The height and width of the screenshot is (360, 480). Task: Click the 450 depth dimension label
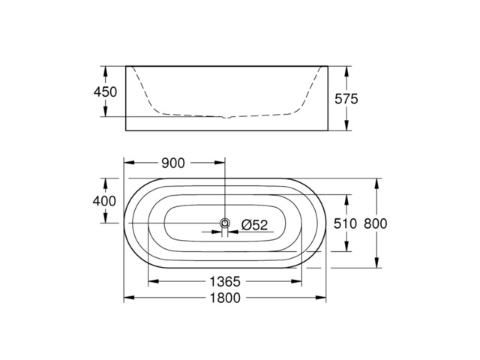[x=106, y=91]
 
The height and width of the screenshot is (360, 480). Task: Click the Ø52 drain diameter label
[x=255, y=223]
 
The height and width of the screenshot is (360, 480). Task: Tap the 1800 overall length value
[x=223, y=298]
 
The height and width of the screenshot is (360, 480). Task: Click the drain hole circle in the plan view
[x=224, y=223]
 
